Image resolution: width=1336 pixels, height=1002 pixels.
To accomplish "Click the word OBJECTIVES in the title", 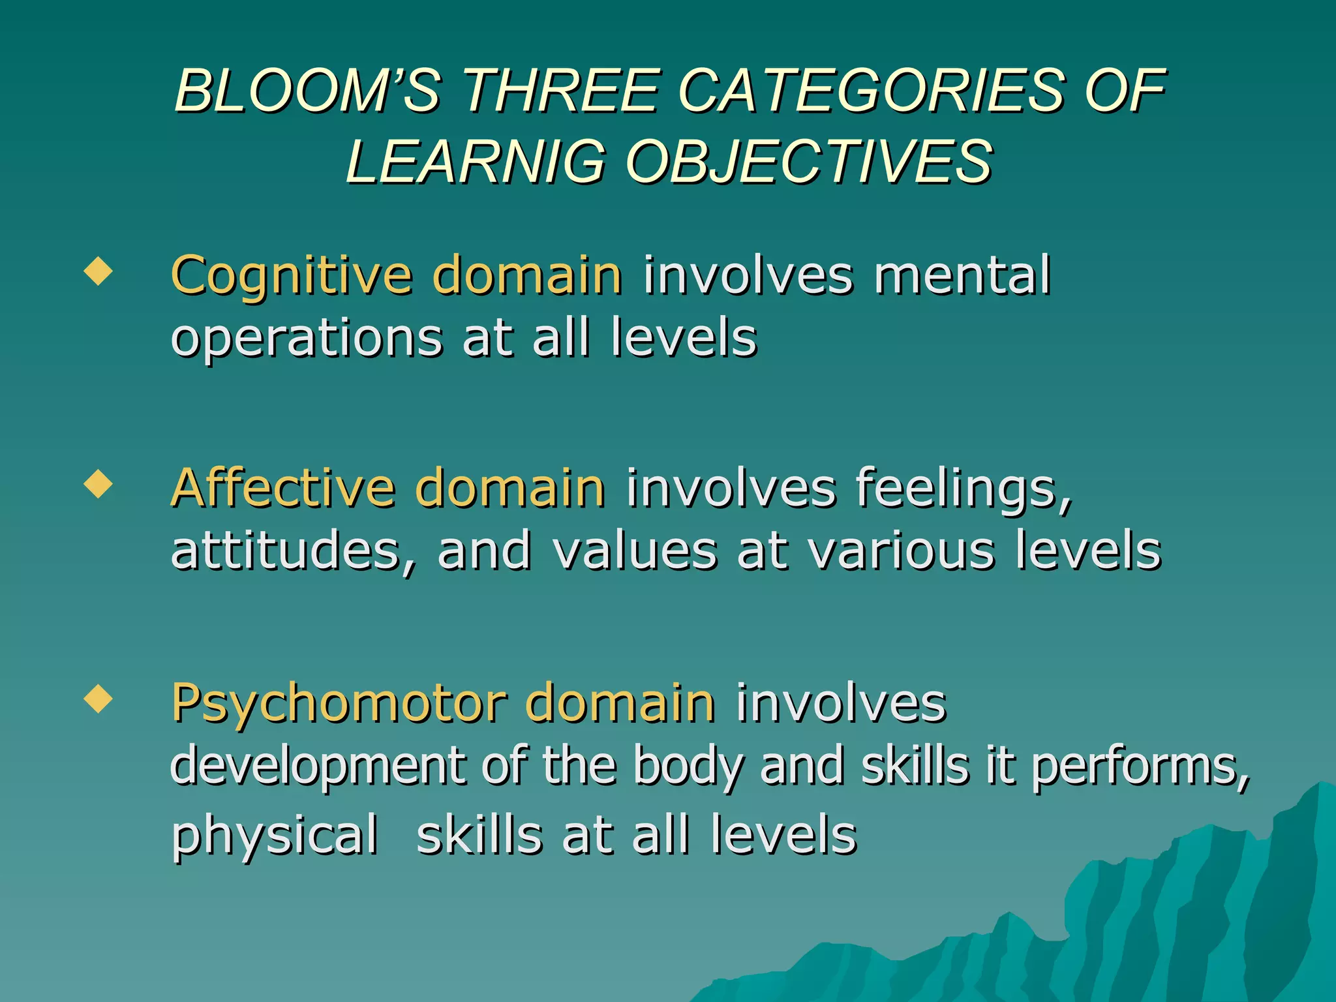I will [810, 162].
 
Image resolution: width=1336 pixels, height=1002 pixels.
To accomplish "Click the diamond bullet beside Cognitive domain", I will [98, 271].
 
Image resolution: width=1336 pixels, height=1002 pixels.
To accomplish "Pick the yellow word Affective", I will [283, 488].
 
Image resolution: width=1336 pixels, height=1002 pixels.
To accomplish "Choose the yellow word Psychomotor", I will [339, 705].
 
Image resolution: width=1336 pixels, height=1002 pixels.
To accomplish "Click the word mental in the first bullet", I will [962, 275].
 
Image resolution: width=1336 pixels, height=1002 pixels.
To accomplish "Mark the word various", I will [901, 552].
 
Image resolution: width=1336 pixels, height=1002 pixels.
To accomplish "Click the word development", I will [317, 767].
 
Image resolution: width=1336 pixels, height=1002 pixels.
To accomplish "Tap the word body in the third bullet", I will [687, 767].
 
